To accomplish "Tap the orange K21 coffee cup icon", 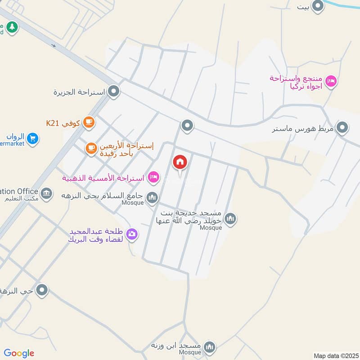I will (89, 122).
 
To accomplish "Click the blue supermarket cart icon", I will (32, 138).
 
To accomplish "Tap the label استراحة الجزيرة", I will (79, 92).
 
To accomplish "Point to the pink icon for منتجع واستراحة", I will (331, 81).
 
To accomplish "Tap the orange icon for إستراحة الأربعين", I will (91, 147).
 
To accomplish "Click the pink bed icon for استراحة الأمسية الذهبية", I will (153, 177).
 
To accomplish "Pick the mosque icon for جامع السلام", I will (153, 197).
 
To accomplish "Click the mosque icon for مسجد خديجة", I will (230, 219).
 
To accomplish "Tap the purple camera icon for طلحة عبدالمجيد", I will (132, 233).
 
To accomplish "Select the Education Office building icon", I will (45, 194).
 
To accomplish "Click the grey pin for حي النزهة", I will (42, 290).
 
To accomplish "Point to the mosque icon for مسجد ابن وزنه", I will (209, 346).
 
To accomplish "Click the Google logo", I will (19, 353).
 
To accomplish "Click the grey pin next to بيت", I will (318, 6).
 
